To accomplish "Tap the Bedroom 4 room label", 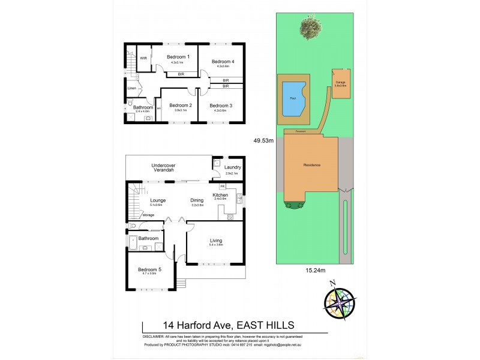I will point(223,61).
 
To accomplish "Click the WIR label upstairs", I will point(144,58).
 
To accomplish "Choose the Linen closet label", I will point(132,89).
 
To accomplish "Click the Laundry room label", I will point(233,167).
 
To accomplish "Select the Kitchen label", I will point(220,196).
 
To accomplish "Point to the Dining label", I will point(197,200).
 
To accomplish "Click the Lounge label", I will point(158,200).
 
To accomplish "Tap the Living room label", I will point(216,241).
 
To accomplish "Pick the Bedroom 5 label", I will point(149,269).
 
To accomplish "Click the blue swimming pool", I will point(293,97).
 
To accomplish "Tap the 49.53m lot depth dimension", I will point(263,141).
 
